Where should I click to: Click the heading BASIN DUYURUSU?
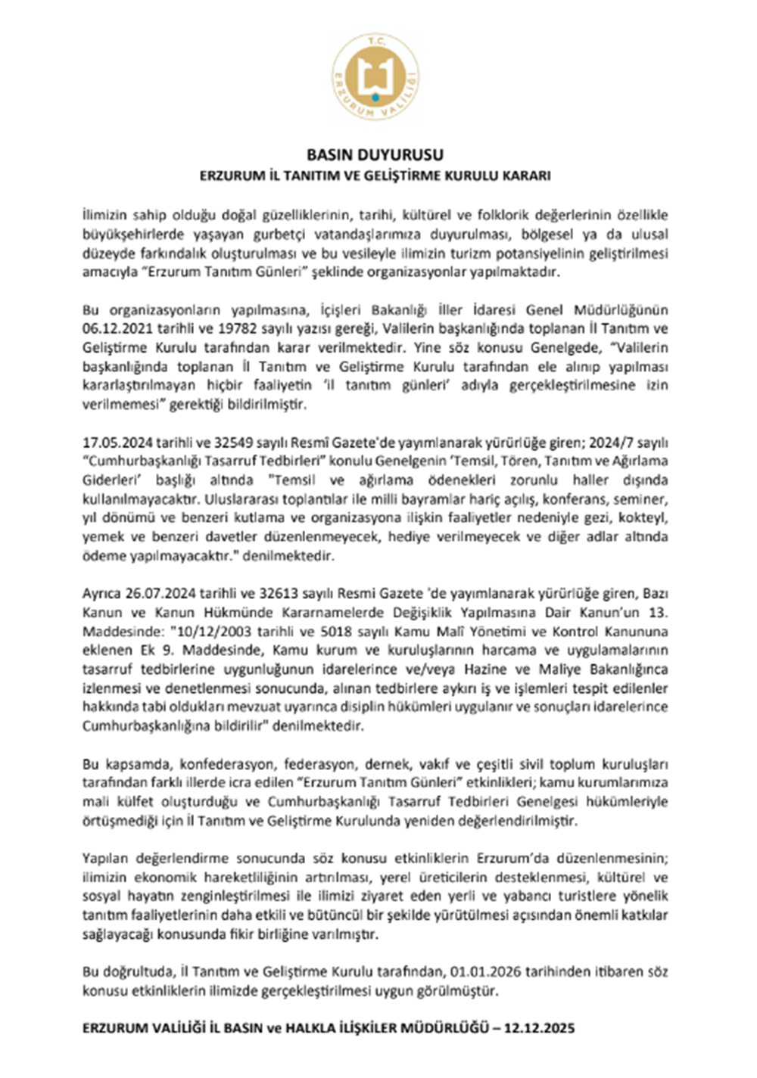375,154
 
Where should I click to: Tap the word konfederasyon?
220,764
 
